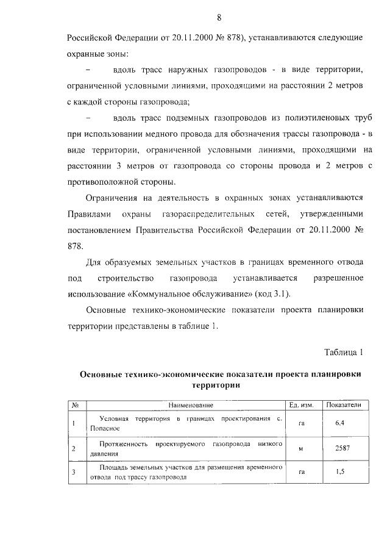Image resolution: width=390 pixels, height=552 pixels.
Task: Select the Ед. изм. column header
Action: pyautogui.click(x=300, y=405)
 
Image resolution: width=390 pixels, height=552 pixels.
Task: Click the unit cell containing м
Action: pyautogui.click(x=300, y=450)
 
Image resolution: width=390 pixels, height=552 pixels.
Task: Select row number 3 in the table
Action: pyautogui.click(x=73, y=473)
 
